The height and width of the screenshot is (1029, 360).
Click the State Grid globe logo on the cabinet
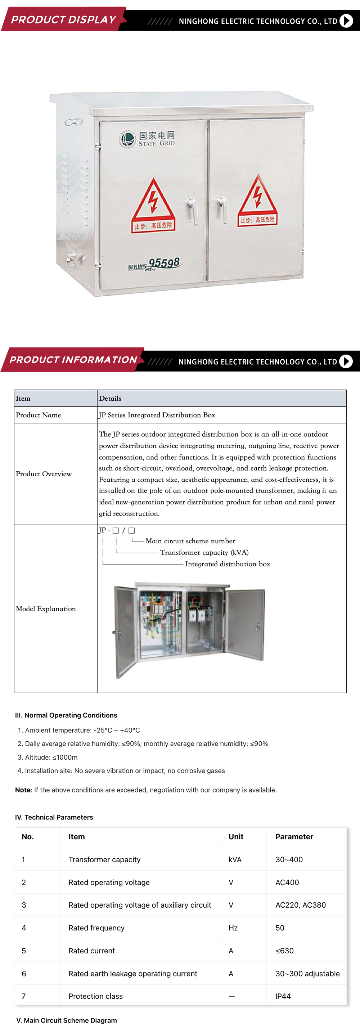point(127,139)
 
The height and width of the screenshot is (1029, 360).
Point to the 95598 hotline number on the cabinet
point(164,263)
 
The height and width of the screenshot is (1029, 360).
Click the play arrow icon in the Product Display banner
point(346,21)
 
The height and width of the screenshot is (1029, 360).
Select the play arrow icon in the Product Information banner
point(346,361)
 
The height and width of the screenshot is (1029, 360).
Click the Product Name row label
point(39,415)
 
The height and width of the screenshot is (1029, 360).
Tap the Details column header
point(110,398)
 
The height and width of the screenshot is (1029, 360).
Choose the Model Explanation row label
point(46,608)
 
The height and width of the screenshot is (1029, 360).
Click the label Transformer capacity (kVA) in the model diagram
point(204,552)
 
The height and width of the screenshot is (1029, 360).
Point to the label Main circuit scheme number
point(190,541)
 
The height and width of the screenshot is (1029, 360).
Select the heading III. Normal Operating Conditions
point(66,715)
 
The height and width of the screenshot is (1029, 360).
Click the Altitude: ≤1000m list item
point(51,757)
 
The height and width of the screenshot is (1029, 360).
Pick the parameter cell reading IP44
point(283,996)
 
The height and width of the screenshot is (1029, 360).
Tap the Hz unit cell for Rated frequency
point(233,927)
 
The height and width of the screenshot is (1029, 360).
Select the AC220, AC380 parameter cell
point(301,905)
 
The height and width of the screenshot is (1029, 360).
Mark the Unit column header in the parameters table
point(236,836)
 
